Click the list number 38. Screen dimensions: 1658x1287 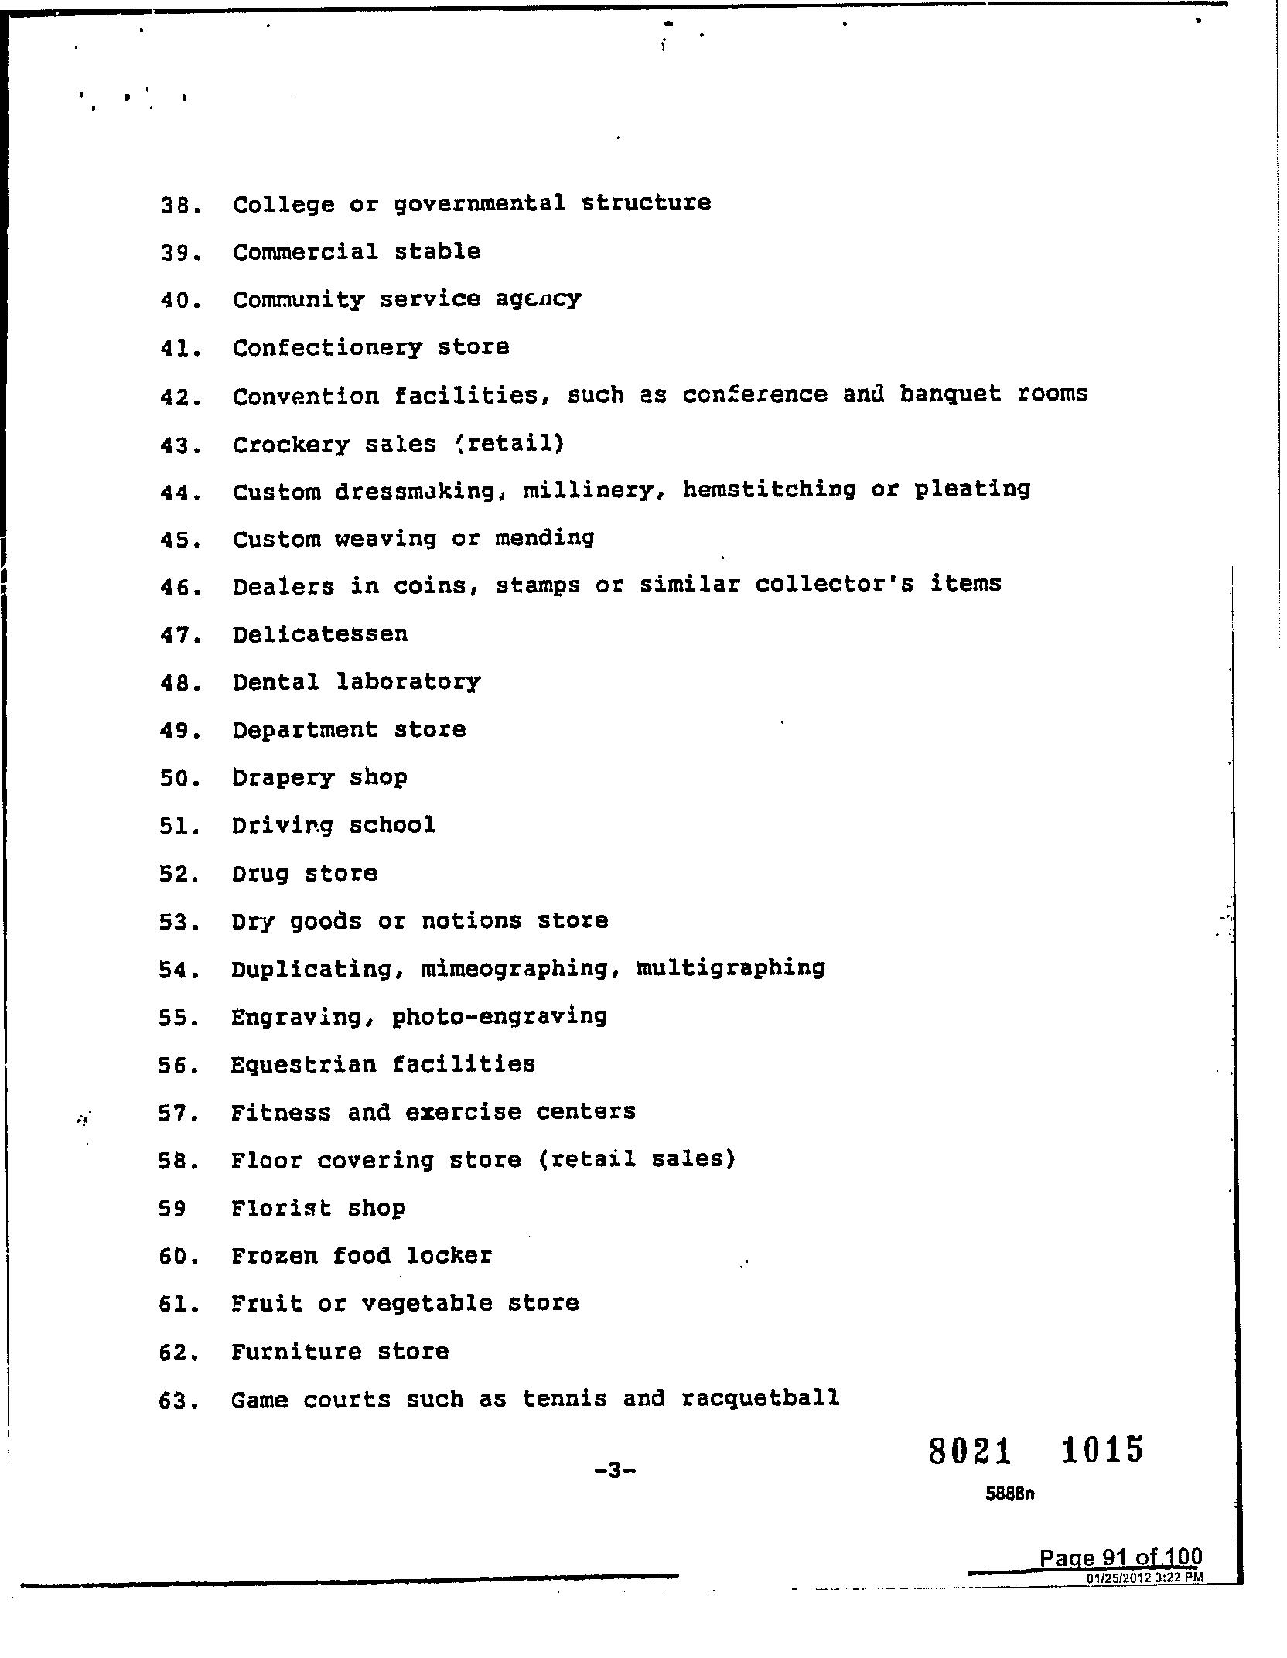[x=179, y=206]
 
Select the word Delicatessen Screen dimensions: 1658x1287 [x=319, y=634]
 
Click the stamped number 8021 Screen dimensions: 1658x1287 [x=970, y=1451]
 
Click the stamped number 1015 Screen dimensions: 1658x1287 [x=1101, y=1450]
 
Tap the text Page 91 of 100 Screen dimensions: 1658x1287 [x=1120, y=1557]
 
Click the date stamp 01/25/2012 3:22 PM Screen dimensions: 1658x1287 [x=1145, y=1578]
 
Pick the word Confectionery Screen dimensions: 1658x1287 [x=327, y=348]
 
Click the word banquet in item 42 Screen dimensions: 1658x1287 [x=950, y=394]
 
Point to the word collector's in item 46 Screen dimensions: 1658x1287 [x=834, y=584]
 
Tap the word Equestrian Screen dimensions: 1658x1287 [x=302, y=1065]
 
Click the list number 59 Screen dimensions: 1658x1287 [x=172, y=1209]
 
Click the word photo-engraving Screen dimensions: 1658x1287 [x=499, y=1016]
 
